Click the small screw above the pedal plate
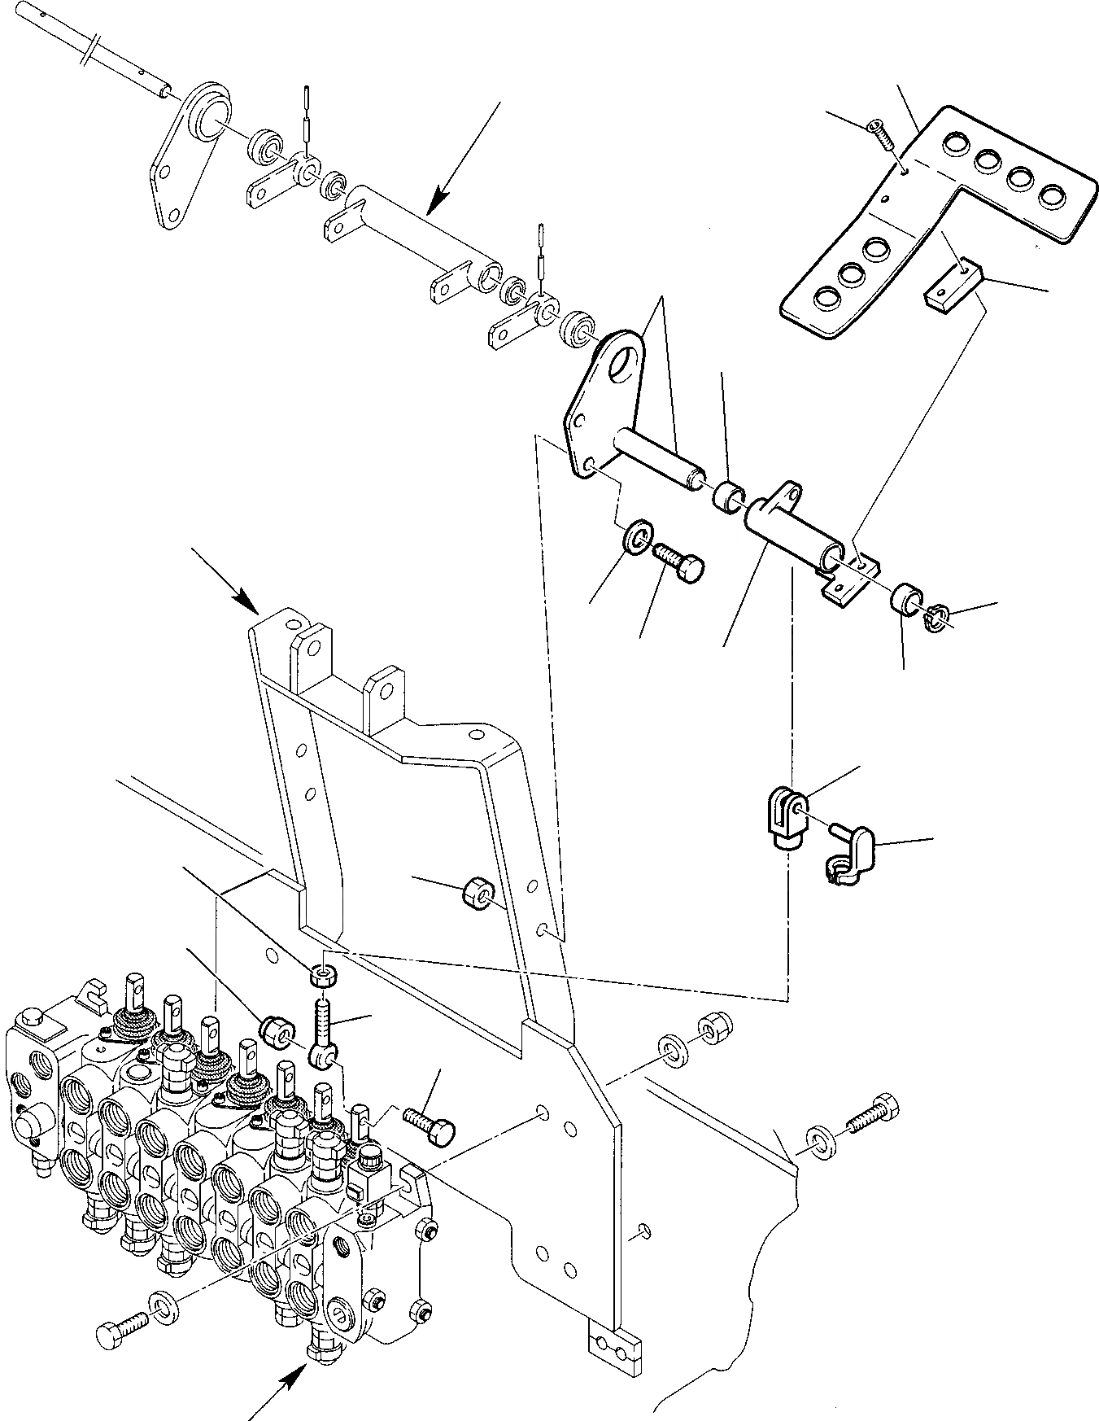tap(880, 134)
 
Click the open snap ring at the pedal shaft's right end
tap(940, 619)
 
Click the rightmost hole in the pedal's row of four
tap(1053, 197)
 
